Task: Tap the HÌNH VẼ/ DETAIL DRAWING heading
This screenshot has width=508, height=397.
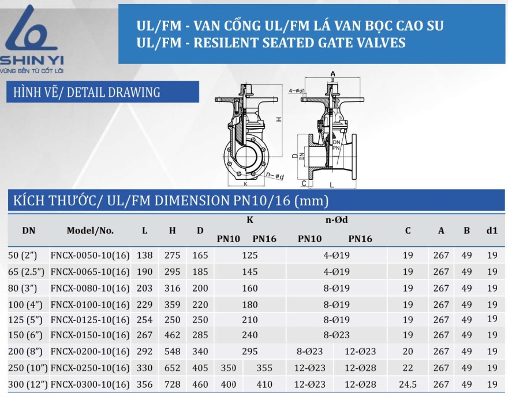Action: pyautogui.click(x=87, y=92)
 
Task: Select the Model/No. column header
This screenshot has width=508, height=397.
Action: pyautogui.click(x=90, y=230)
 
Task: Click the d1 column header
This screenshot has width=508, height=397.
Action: pyautogui.click(x=492, y=230)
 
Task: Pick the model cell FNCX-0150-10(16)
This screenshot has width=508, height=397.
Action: pyautogui.click(x=90, y=335)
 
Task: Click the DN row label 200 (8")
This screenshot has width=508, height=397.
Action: pyautogui.click(x=25, y=351)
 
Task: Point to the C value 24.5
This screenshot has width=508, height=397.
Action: pyautogui.click(x=408, y=384)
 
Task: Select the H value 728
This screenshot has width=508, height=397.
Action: pyautogui.click(x=173, y=384)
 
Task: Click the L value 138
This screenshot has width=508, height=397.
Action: pyautogui.click(x=144, y=255)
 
